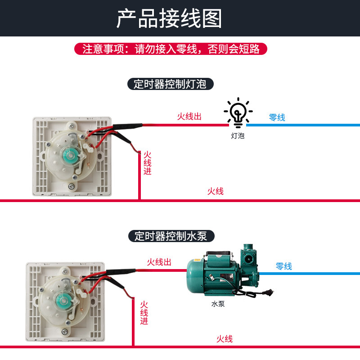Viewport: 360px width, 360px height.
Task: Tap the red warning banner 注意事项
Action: click(x=171, y=49)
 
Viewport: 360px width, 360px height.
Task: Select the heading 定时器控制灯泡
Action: click(x=170, y=84)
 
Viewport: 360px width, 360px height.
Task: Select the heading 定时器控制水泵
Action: click(x=170, y=236)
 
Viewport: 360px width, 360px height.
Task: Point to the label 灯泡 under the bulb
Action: click(x=238, y=135)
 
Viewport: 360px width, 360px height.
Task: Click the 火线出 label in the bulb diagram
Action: click(x=189, y=117)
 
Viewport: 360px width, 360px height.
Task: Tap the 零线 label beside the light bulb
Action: click(x=277, y=118)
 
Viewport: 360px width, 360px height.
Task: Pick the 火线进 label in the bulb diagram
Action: click(x=147, y=163)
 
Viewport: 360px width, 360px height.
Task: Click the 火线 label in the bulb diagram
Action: click(x=215, y=191)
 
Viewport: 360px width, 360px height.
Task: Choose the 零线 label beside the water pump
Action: click(x=283, y=266)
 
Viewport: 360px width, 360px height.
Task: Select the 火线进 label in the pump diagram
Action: click(x=144, y=313)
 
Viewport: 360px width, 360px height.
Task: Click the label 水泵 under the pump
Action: click(x=218, y=304)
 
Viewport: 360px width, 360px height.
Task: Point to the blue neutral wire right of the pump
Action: click(x=315, y=273)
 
